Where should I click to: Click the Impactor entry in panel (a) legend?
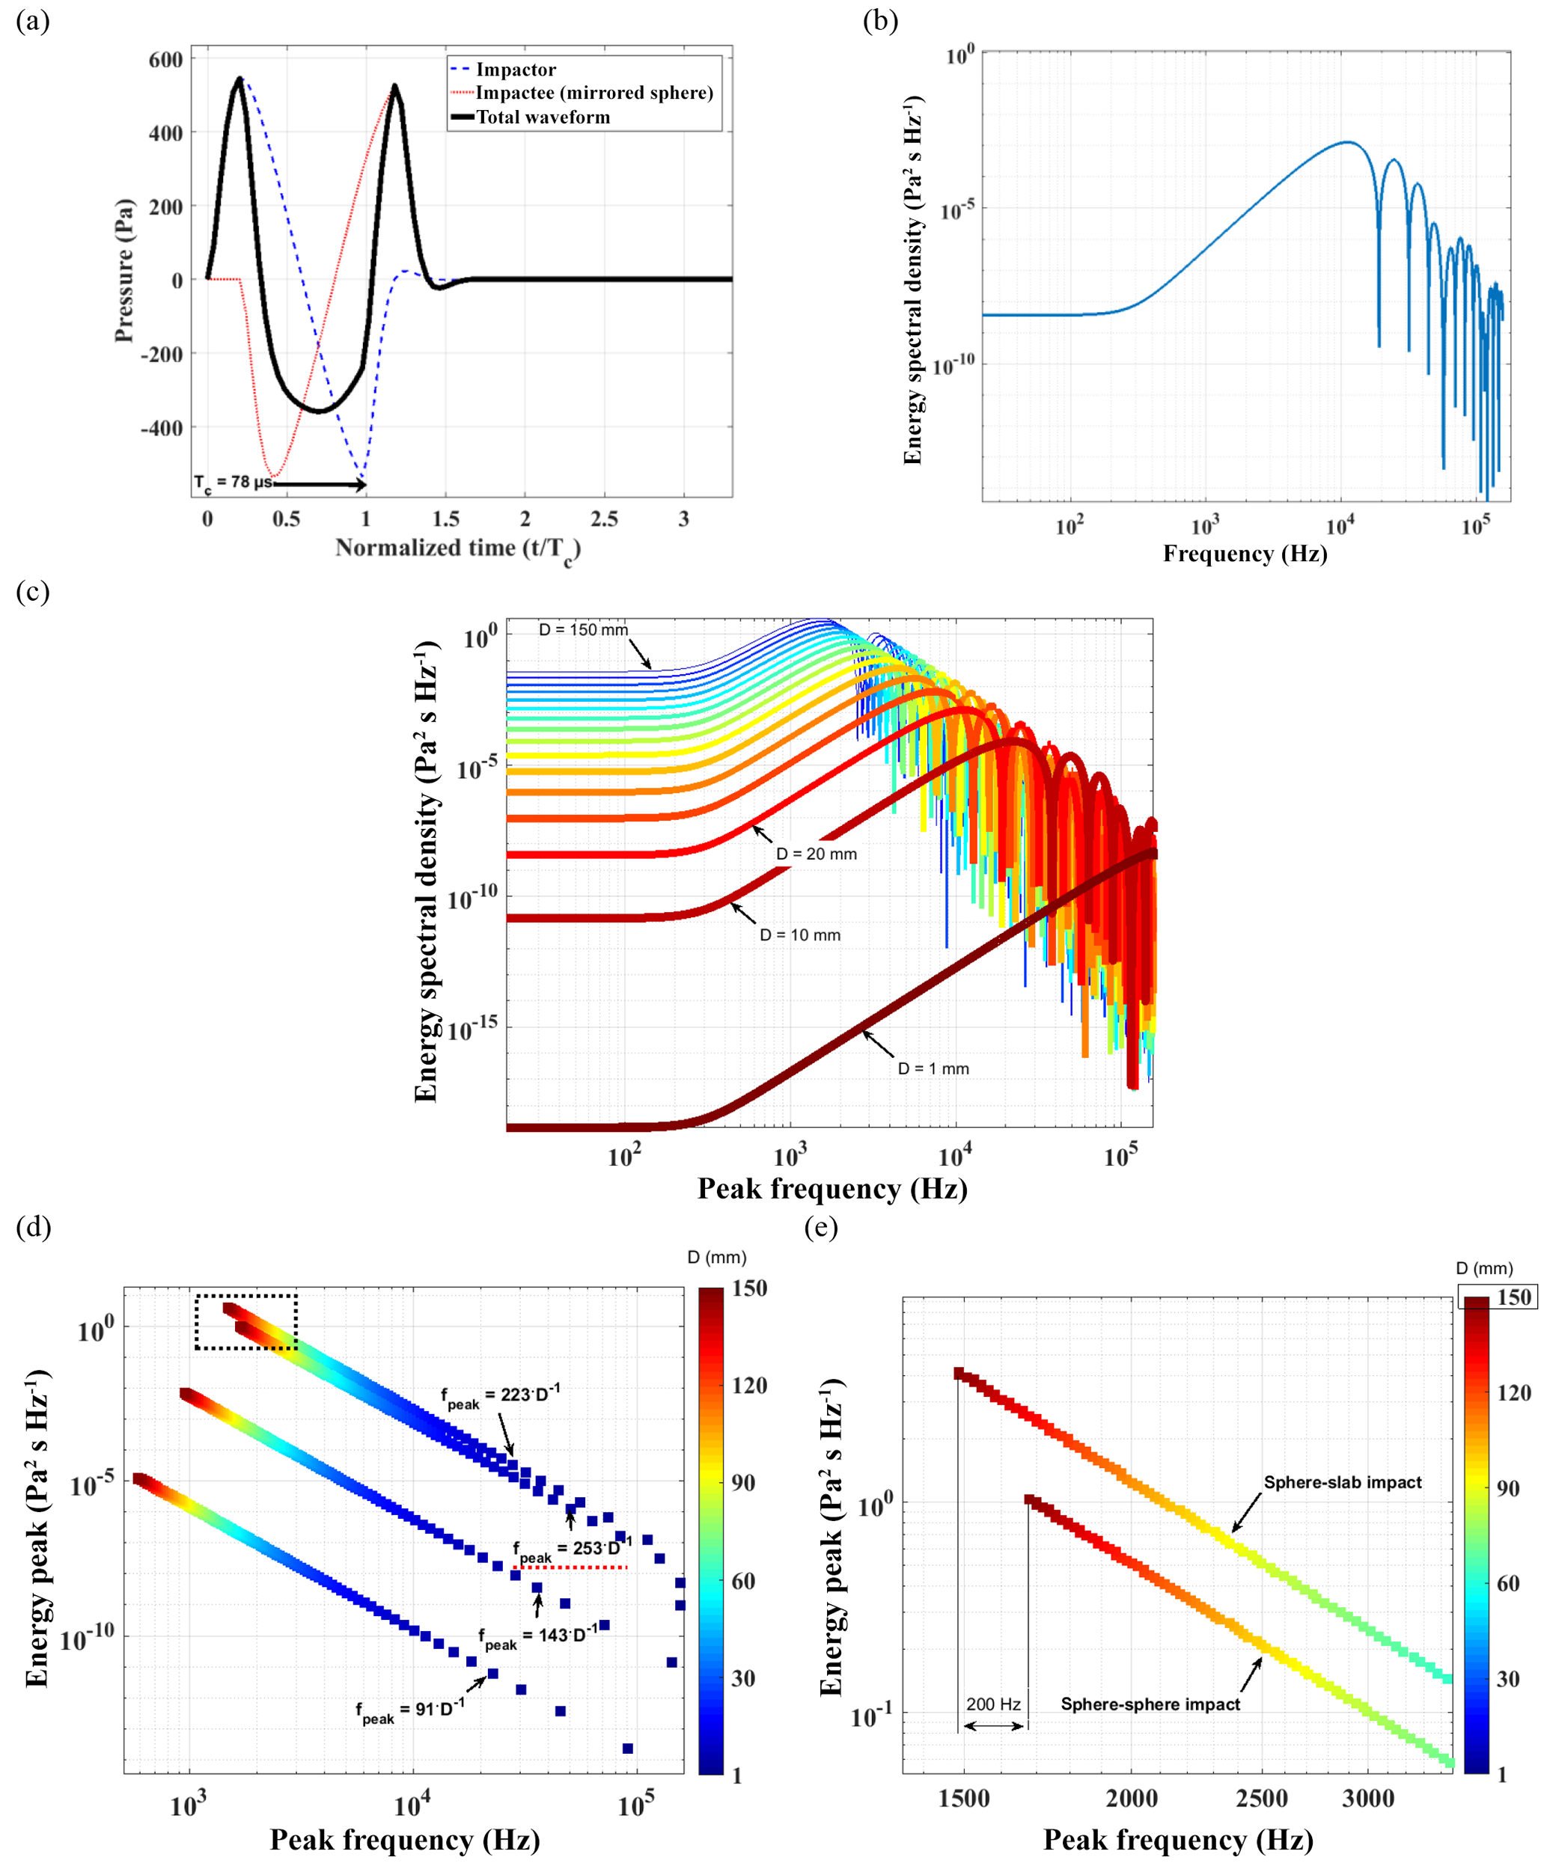tap(515, 69)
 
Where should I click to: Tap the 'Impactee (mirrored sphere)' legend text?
tap(594, 93)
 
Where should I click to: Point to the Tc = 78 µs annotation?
tap(233, 483)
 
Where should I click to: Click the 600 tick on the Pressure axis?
tap(166, 59)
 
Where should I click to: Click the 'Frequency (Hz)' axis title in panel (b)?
tap(1245, 554)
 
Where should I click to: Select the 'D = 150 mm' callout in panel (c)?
tap(583, 630)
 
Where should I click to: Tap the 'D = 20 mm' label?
tap(817, 854)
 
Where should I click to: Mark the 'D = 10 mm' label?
tap(799, 935)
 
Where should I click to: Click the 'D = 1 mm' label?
tap(933, 1069)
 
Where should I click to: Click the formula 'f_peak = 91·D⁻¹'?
tap(409, 1710)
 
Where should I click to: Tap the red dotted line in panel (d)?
tap(570, 1567)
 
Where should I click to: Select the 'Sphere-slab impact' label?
tap(1342, 1482)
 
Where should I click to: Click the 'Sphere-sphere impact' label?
tap(1150, 1704)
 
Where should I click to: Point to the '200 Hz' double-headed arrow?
tap(993, 1725)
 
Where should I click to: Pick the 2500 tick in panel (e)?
tap(1261, 1798)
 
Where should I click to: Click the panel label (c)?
tap(33, 591)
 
